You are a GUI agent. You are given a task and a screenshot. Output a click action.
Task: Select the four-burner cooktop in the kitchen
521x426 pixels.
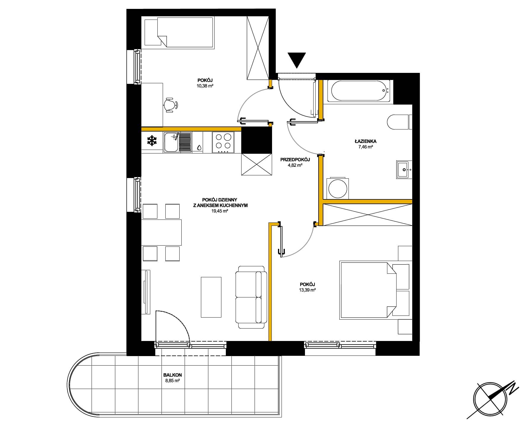[223, 142]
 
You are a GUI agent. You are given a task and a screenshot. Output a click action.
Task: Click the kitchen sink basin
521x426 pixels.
[172, 142]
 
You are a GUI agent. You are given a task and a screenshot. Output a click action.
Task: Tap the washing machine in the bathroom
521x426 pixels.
[338, 188]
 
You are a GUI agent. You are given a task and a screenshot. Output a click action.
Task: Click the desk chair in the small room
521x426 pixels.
[170, 105]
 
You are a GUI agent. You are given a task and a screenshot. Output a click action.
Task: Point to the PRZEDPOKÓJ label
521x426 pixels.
[295, 160]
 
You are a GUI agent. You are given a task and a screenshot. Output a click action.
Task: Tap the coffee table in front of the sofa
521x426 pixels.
[211, 297]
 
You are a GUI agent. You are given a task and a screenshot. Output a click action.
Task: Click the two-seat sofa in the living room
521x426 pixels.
[251, 297]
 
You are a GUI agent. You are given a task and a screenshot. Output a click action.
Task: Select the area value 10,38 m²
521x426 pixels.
[205, 86]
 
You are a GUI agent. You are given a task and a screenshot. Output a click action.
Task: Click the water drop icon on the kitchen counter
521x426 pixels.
[199, 147]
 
